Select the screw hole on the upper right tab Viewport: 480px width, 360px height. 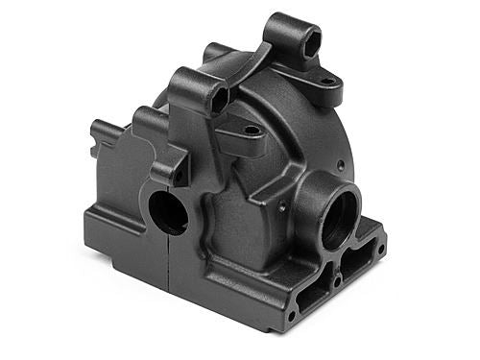(x=328, y=82)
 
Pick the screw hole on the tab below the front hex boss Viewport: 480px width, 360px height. (x=252, y=129)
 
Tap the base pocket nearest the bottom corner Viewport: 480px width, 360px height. (x=309, y=298)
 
